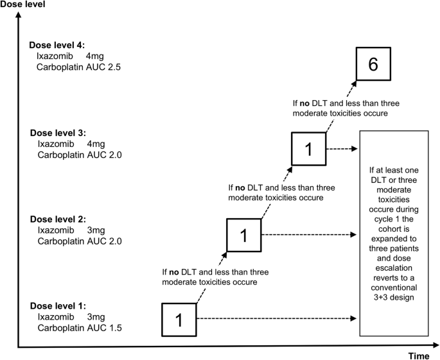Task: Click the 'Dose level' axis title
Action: (24, 6)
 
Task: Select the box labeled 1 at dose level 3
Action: (308, 150)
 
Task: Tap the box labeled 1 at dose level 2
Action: (243, 235)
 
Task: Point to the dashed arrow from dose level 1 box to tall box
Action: (276, 318)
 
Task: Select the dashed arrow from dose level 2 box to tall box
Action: (308, 234)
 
